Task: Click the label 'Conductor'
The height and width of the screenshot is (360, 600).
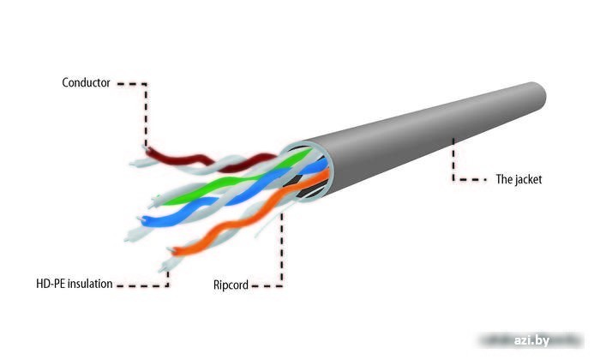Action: coord(86,82)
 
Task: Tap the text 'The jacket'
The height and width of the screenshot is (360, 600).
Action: coord(519,179)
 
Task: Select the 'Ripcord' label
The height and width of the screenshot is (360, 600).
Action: coord(231,285)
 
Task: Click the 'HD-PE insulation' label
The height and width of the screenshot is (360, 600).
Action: coord(75,284)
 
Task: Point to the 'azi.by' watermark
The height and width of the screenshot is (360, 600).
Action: coord(531,340)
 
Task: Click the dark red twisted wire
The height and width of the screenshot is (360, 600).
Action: coord(207,160)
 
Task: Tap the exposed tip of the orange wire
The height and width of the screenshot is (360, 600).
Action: coord(173,251)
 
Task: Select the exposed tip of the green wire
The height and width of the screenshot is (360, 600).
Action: coord(156,201)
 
